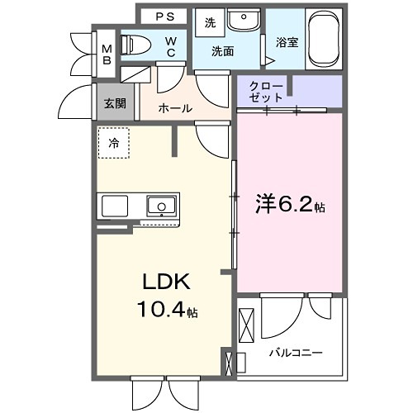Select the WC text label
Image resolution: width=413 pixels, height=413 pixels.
(169, 45)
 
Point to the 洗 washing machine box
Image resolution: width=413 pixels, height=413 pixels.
(210, 23)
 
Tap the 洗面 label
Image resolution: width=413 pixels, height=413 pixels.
(222, 51)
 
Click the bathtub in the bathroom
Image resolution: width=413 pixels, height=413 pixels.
(325, 40)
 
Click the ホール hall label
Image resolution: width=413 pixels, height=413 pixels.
(174, 108)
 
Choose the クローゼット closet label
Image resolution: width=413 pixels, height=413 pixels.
(266, 92)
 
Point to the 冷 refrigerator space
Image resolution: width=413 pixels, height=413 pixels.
(113, 143)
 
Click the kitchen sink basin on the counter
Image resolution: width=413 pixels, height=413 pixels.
(160, 204)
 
